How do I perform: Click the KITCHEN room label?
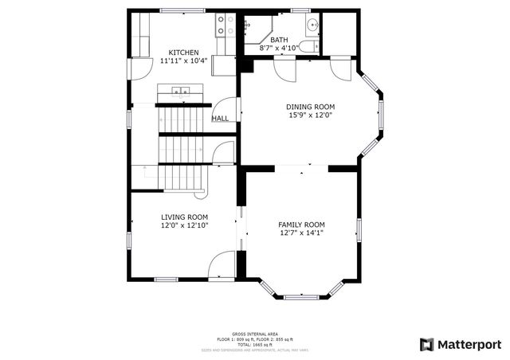tap(183, 53)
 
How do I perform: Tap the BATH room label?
tap(279, 40)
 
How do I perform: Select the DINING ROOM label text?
tap(311, 107)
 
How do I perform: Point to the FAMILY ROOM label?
tap(301, 225)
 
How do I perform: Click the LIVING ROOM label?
tap(184, 217)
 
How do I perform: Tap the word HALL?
tap(220, 119)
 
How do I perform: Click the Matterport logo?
tap(461, 344)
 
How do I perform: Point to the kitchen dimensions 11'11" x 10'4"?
tap(183, 61)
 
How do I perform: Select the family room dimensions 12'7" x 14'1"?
tap(301, 233)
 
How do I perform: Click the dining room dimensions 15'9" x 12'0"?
tap(311, 115)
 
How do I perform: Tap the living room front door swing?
tap(222, 265)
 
